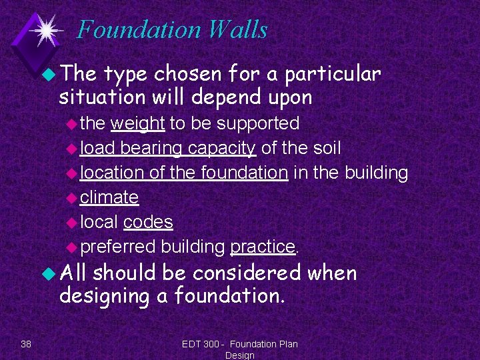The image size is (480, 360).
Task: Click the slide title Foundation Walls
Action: tap(172, 30)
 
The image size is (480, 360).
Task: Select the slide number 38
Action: tap(26, 343)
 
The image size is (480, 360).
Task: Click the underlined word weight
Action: tap(137, 123)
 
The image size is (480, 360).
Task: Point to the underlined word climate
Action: tap(109, 197)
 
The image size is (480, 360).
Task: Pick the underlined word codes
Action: tap(148, 222)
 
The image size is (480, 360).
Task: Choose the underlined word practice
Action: tap(262, 247)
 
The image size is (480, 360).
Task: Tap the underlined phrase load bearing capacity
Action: tap(167, 148)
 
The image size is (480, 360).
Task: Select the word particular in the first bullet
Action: tap(333, 73)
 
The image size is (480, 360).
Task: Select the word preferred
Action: tap(118, 247)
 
